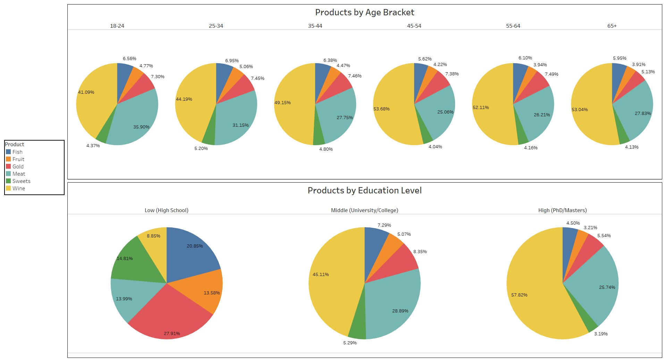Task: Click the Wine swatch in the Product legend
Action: pyautogui.click(x=8, y=189)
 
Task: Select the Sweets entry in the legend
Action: pyautogui.click(x=21, y=181)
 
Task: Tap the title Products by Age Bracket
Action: pyautogui.click(x=364, y=12)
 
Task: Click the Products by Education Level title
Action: pyautogui.click(x=364, y=191)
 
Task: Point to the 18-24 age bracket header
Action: pyautogui.click(x=117, y=26)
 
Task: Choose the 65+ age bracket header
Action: pyautogui.click(x=612, y=26)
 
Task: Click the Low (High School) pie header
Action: pyautogui.click(x=166, y=210)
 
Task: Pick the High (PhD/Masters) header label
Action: pyautogui.click(x=562, y=210)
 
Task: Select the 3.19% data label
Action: pyautogui.click(x=601, y=334)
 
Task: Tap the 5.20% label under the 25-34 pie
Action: pyautogui.click(x=201, y=149)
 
